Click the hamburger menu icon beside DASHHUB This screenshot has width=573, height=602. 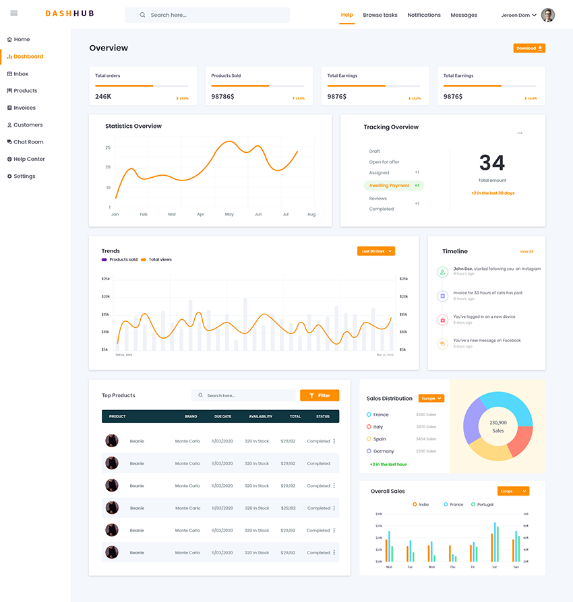(13, 13)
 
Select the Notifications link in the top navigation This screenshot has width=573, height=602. (424, 15)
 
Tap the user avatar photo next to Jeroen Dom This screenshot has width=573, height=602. (548, 15)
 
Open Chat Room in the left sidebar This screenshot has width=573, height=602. (28, 142)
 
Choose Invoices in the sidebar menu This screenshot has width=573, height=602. (24, 108)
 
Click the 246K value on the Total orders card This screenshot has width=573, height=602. (103, 97)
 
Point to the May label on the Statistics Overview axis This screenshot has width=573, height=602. (229, 214)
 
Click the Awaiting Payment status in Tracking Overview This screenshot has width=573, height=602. (390, 185)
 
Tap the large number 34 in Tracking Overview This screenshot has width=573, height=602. (492, 163)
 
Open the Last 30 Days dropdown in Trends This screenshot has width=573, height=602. (375, 251)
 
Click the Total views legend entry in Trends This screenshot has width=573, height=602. (160, 259)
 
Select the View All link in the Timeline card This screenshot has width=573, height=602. (526, 252)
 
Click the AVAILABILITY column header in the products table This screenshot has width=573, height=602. (260, 416)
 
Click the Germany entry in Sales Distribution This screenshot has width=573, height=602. (384, 451)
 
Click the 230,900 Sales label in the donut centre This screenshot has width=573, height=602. (497, 426)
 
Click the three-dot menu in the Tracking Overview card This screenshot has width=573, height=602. (520, 133)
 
